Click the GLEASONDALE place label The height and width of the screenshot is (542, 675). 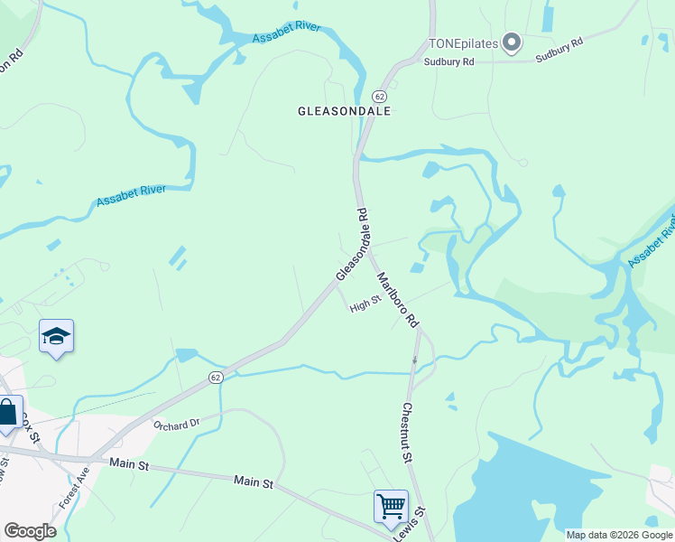tap(345, 111)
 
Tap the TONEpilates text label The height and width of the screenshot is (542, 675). tap(463, 43)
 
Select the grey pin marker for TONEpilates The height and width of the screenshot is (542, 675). tap(512, 42)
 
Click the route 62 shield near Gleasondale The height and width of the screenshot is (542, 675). tap(379, 96)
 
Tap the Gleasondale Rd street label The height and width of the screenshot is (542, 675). tap(352, 245)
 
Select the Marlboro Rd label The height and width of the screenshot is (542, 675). tap(398, 299)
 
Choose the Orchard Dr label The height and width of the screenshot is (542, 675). tap(175, 425)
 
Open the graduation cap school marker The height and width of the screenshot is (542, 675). tap(56, 337)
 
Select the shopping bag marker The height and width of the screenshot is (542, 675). tap(8, 414)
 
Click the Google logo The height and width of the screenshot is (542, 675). tap(30, 531)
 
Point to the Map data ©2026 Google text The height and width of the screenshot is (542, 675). tap(618, 535)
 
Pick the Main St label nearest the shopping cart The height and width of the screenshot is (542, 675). tap(254, 483)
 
